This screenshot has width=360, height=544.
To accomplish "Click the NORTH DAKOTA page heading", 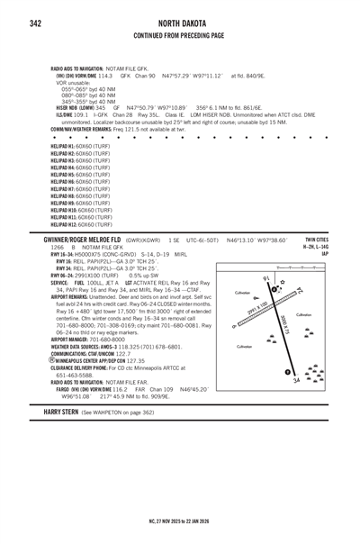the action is [x=179, y=23].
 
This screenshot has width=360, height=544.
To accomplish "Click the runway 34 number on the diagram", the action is [x=297, y=379].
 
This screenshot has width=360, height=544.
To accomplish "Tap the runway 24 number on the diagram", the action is [x=300, y=291].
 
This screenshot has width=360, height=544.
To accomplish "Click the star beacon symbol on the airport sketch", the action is [x=283, y=283].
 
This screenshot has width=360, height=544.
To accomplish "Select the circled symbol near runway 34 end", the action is [x=287, y=372].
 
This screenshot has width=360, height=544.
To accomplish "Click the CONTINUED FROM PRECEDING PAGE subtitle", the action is [x=179, y=36].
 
